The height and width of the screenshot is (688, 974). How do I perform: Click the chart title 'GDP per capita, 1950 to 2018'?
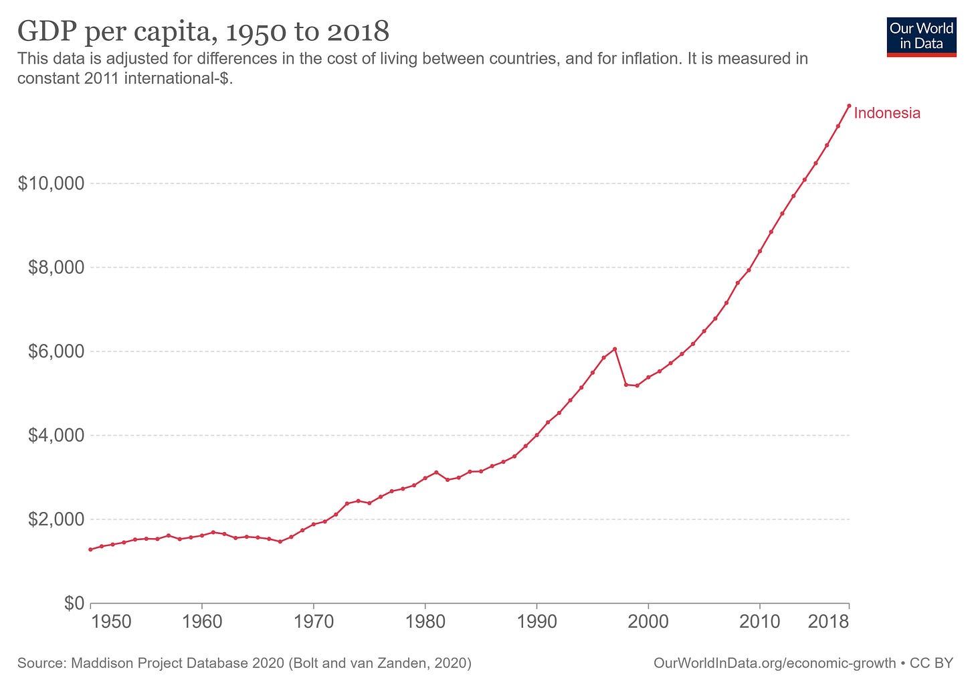[x=203, y=31]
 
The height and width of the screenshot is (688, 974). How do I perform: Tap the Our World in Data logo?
[x=921, y=37]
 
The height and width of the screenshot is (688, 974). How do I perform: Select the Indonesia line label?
[x=887, y=113]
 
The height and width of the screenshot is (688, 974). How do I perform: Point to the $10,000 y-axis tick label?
[x=51, y=183]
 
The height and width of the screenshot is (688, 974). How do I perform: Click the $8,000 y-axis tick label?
[x=56, y=268]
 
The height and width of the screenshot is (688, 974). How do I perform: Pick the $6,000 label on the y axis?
[x=56, y=351]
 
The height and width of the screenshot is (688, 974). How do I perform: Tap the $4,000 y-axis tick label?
[x=56, y=436]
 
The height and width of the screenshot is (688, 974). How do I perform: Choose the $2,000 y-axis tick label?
[x=56, y=519]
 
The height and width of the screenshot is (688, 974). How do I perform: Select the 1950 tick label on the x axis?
[x=111, y=622]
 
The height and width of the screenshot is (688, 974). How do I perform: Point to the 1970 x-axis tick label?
[x=314, y=622]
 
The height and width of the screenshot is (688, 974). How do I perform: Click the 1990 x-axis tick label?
[x=537, y=622]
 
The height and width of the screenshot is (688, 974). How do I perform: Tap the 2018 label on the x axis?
[x=828, y=622]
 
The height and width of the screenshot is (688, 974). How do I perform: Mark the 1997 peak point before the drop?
[x=615, y=349]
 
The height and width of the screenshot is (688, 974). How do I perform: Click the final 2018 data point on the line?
[x=849, y=106]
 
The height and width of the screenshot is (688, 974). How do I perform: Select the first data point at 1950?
[x=90, y=549]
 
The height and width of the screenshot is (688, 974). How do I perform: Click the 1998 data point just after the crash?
[x=625, y=384]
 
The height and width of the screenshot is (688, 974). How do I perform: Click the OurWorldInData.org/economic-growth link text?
[x=774, y=663]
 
